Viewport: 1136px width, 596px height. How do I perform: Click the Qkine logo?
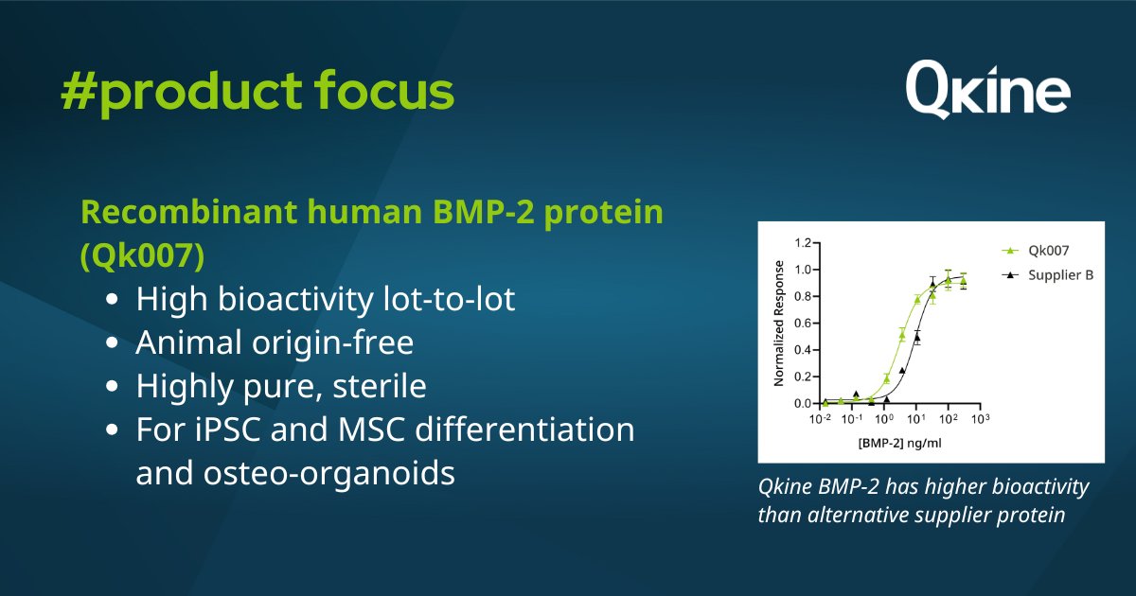[988, 90]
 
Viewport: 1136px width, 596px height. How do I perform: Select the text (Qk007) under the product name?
[143, 254]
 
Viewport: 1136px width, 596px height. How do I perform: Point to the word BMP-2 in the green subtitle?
[484, 211]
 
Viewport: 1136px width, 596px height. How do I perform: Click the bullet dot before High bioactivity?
[112, 299]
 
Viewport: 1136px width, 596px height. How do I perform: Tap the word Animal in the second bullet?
[188, 342]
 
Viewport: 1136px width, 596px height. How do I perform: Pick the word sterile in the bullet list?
[380, 386]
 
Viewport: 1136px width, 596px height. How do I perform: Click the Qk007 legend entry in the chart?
[1035, 251]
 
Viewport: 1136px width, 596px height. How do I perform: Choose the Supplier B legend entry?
[1047, 274]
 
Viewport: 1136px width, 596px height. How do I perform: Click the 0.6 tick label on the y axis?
[803, 323]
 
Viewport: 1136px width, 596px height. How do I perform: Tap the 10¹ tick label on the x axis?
[916, 418]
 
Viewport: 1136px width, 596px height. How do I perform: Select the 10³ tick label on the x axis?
[981, 418]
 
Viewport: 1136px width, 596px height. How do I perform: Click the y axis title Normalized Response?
[779, 324]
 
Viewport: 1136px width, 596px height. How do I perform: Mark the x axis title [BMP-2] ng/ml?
[899, 443]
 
